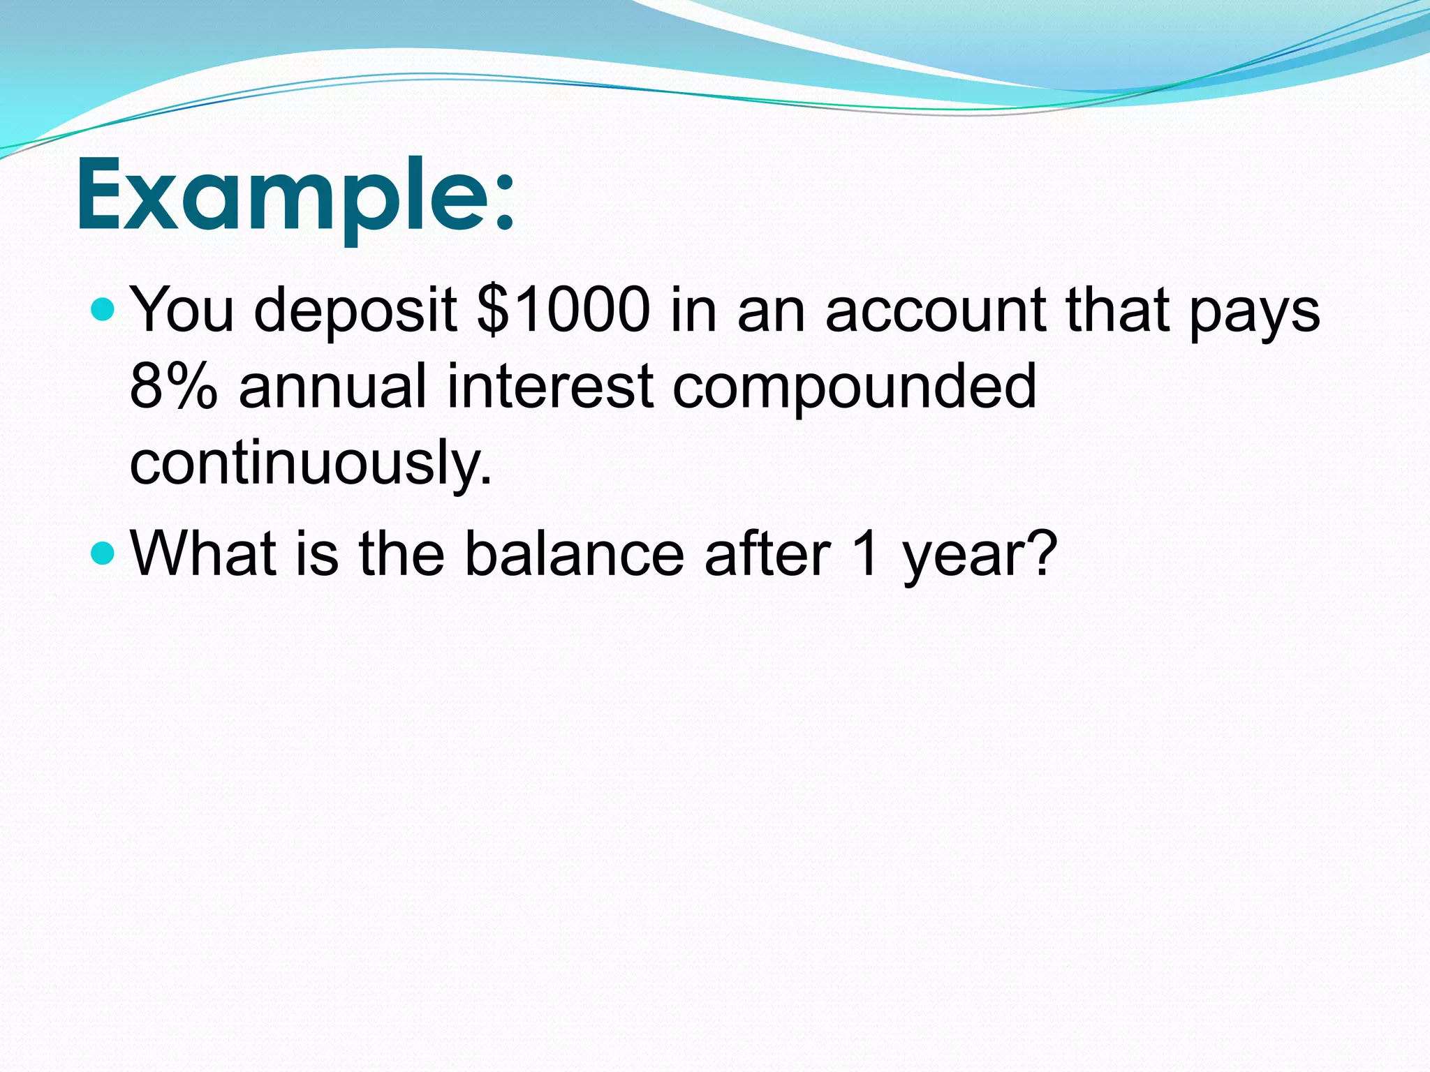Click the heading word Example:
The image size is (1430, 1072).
[293, 195]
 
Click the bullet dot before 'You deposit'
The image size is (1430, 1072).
[103, 308]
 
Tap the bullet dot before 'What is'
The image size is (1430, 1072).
[103, 553]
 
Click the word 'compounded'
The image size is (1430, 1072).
[854, 388]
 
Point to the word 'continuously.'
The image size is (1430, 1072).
[311, 464]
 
